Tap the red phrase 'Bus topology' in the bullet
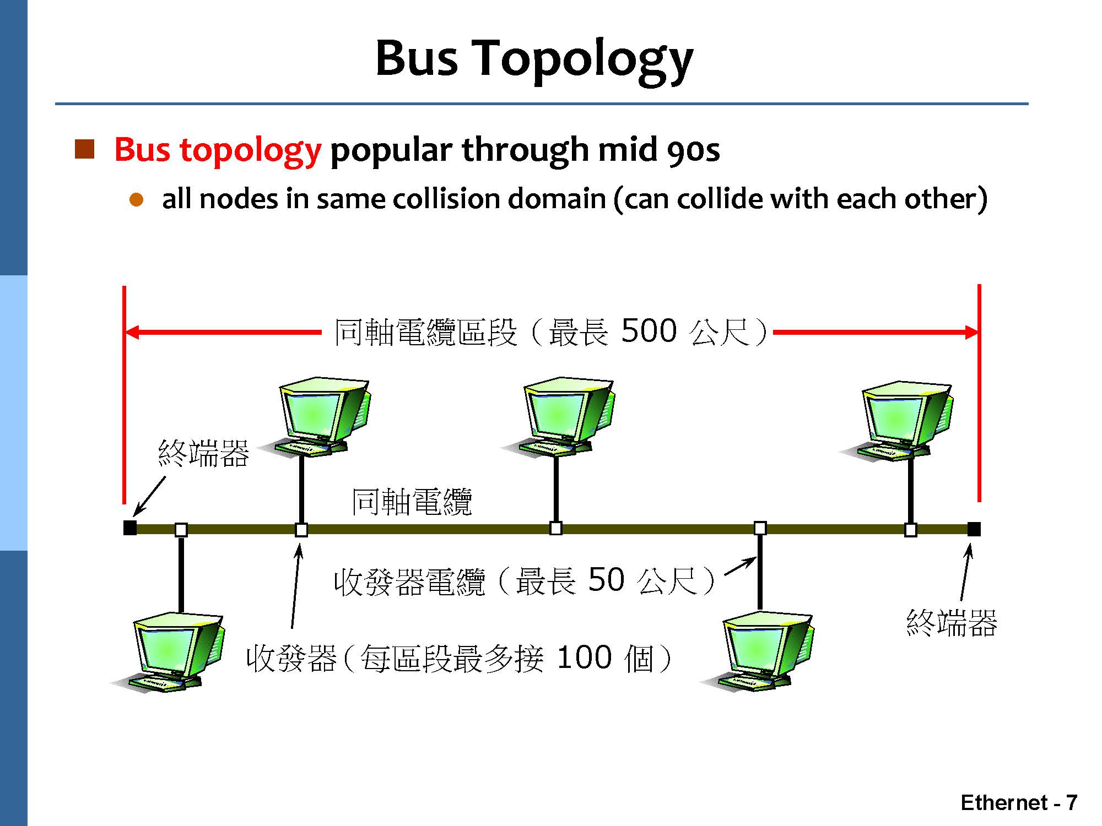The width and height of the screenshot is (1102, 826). [217, 150]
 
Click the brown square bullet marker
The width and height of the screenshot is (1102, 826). [84, 149]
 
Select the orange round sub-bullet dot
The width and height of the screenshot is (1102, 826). [136, 200]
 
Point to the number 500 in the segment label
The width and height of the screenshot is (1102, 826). [649, 331]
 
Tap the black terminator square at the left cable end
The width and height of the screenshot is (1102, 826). [130, 528]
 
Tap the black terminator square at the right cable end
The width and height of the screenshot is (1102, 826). [974, 529]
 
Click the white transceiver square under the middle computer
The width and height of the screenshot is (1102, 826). [556, 528]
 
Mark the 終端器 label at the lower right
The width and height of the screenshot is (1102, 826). [952, 623]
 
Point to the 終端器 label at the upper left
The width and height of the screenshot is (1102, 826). [203, 454]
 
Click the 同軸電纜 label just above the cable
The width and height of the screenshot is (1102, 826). [412, 502]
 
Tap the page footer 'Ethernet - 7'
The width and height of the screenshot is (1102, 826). [1019, 803]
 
